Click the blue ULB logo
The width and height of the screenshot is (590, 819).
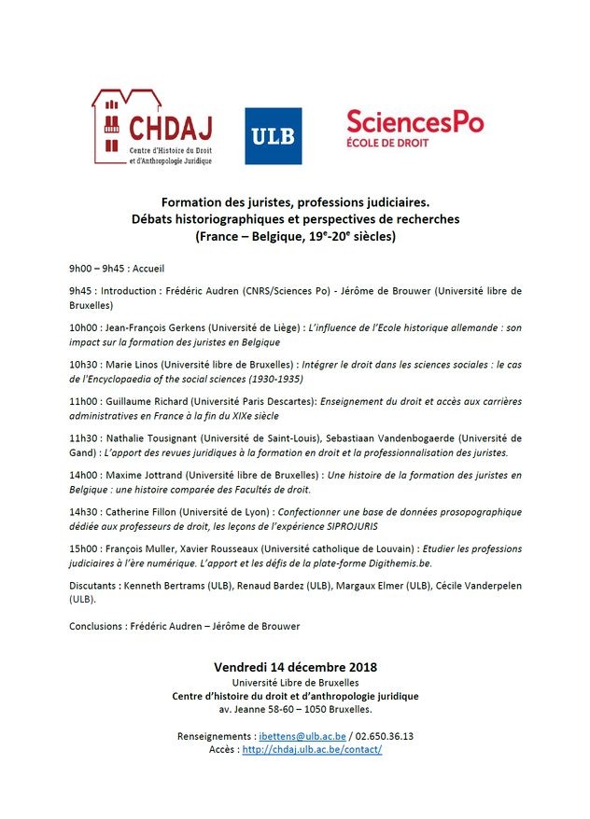coord(273,136)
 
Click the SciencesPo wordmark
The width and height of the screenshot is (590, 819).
coord(414,121)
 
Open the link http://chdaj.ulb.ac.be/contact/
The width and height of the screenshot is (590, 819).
coord(312,749)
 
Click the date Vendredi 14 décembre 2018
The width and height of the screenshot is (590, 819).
coord(295,667)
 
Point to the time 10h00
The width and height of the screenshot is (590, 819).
coord(84,328)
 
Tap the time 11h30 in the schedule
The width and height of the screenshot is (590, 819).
coord(84,437)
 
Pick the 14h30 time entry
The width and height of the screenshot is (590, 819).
coord(84,511)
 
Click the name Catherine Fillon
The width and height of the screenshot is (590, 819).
coord(155,511)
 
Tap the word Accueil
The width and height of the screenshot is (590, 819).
coord(147,269)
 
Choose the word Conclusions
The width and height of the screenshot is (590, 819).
coord(97,626)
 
